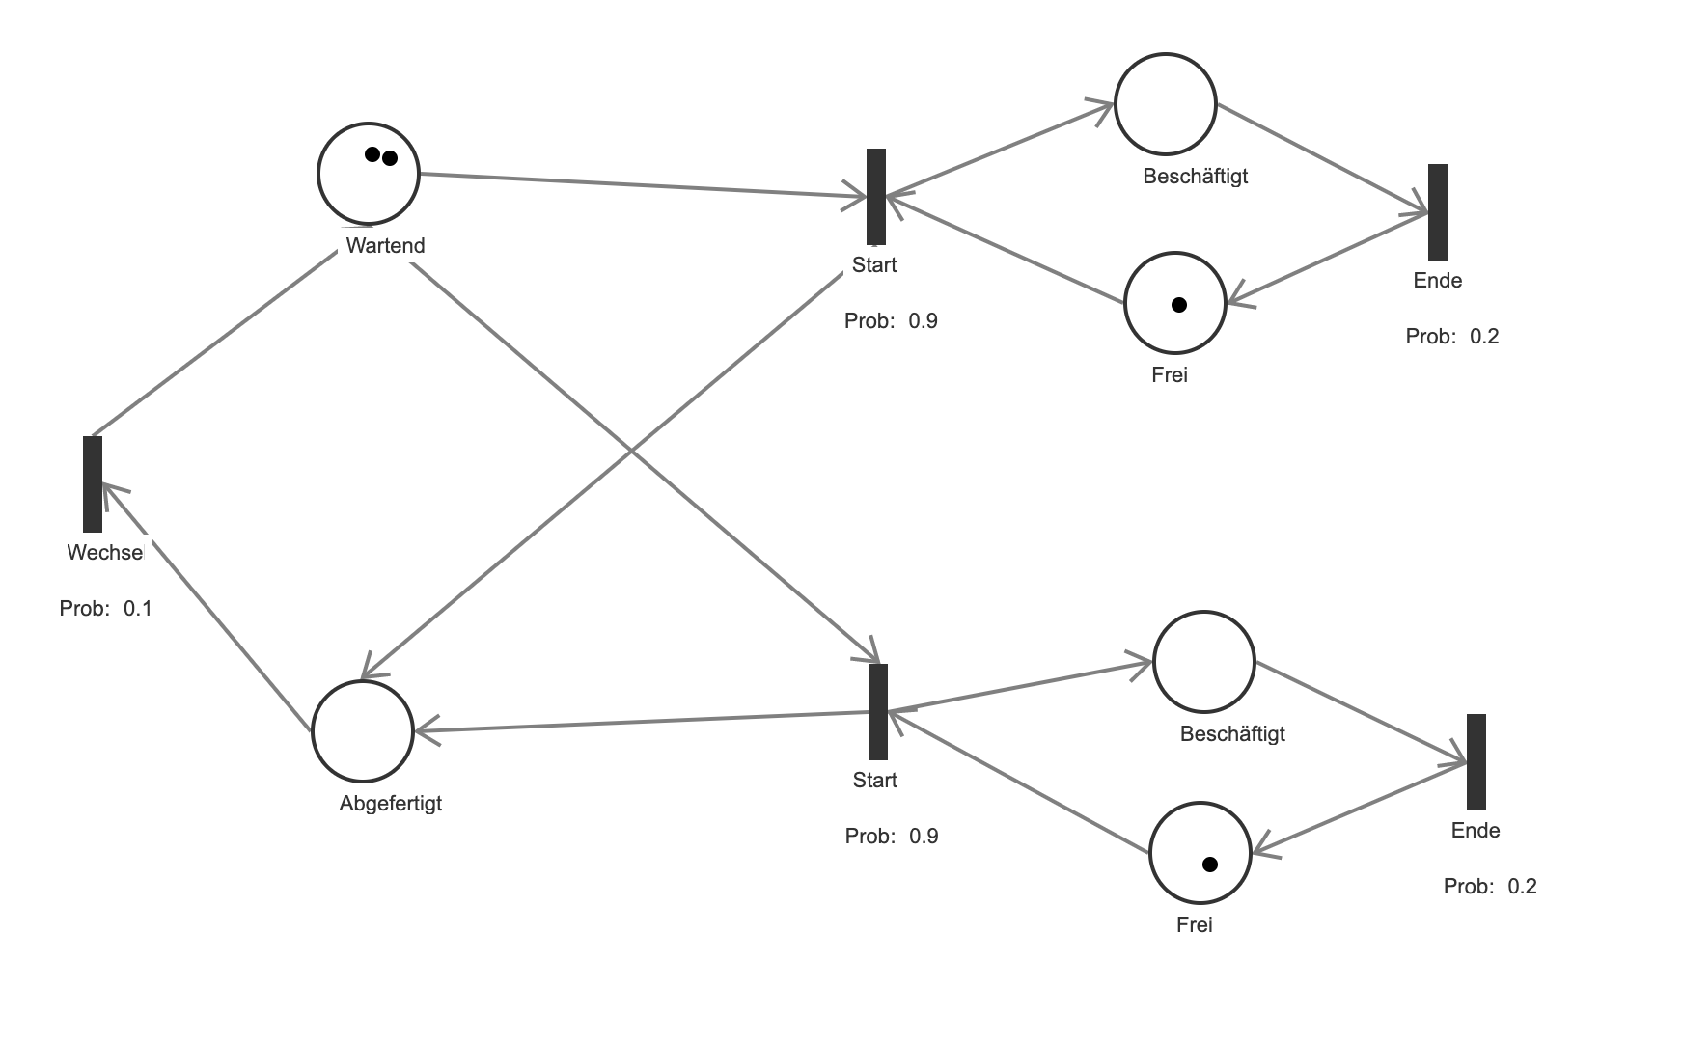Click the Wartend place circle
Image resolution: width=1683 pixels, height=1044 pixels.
coord(369,175)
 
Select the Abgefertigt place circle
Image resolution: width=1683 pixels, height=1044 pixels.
coord(363,730)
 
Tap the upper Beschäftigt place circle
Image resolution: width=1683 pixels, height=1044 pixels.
coord(1166,104)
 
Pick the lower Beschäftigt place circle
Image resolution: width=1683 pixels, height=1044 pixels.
coord(1204,662)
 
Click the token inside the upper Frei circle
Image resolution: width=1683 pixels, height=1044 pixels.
coord(1178,305)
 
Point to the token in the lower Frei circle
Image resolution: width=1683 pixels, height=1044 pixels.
coord(1210,865)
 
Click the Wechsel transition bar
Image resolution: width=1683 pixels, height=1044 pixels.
coord(93,483)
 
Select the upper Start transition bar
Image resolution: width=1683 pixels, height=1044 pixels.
coord(876,196)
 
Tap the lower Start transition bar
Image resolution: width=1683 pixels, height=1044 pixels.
coord(878,711)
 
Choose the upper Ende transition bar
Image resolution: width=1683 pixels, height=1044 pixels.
coord(1438,211)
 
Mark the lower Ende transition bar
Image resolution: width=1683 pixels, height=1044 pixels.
coord(1476,761)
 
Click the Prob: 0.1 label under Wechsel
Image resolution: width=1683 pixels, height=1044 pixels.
coord(106,608)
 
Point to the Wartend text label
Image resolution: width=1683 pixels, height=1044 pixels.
coord(385,245)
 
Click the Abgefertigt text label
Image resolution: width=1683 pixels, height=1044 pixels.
coord(391,803)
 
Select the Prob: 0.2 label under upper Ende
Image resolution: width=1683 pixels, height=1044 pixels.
coord(1452,336)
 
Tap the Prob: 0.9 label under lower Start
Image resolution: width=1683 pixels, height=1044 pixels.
coord(892,836)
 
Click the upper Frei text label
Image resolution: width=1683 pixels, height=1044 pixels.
coord(1170,374)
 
